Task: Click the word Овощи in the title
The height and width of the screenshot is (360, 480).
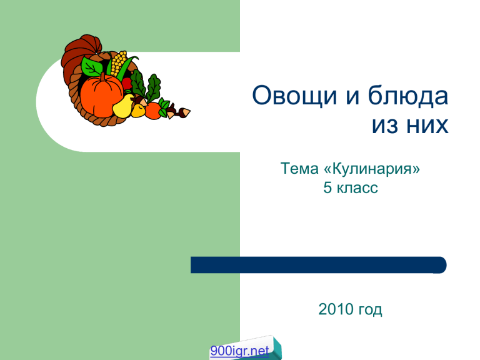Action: (x=294, y=96)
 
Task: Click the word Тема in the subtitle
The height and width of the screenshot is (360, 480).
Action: (x=299, y=168)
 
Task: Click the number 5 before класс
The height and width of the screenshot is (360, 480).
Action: (x=327, y=187)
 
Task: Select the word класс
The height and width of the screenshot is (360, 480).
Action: (x=357, y=188)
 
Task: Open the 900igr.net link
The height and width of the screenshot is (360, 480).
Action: (x=239, y=351)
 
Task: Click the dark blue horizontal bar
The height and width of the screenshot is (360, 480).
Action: (x=318, y=265)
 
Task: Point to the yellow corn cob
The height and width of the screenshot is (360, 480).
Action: (x=119, y=63)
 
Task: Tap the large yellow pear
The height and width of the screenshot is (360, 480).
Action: (x=123, y=106)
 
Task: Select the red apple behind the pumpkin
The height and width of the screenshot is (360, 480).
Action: (x=127, y=84)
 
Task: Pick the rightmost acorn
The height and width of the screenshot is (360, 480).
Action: (x=184, y=112)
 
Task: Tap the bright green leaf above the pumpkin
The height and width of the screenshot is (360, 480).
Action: (x=91, y=66)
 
